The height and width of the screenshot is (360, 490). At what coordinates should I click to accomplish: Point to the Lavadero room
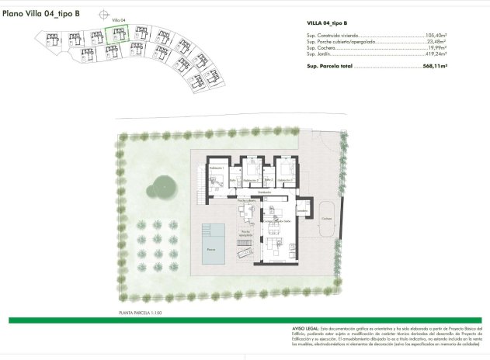click(302, 210)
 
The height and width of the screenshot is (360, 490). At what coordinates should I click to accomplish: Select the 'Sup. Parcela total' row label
click(330, 67)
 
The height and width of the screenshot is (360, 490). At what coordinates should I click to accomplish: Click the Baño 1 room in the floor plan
click(232, 180)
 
